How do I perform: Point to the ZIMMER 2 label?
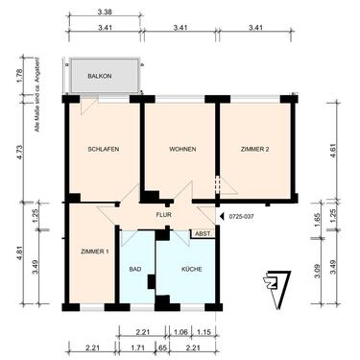click(x=253, y=150)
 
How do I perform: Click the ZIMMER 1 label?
click(x=94, y=251)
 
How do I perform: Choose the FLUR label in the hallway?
click(x=164, y=216)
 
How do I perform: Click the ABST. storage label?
click(x=203, y=233)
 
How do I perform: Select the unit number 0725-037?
click(x=244, y=217)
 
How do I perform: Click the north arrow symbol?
click(x=277, y=287)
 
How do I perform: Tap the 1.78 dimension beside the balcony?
click(x=20, y=76)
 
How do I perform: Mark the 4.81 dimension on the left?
click(x=20, y=254)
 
